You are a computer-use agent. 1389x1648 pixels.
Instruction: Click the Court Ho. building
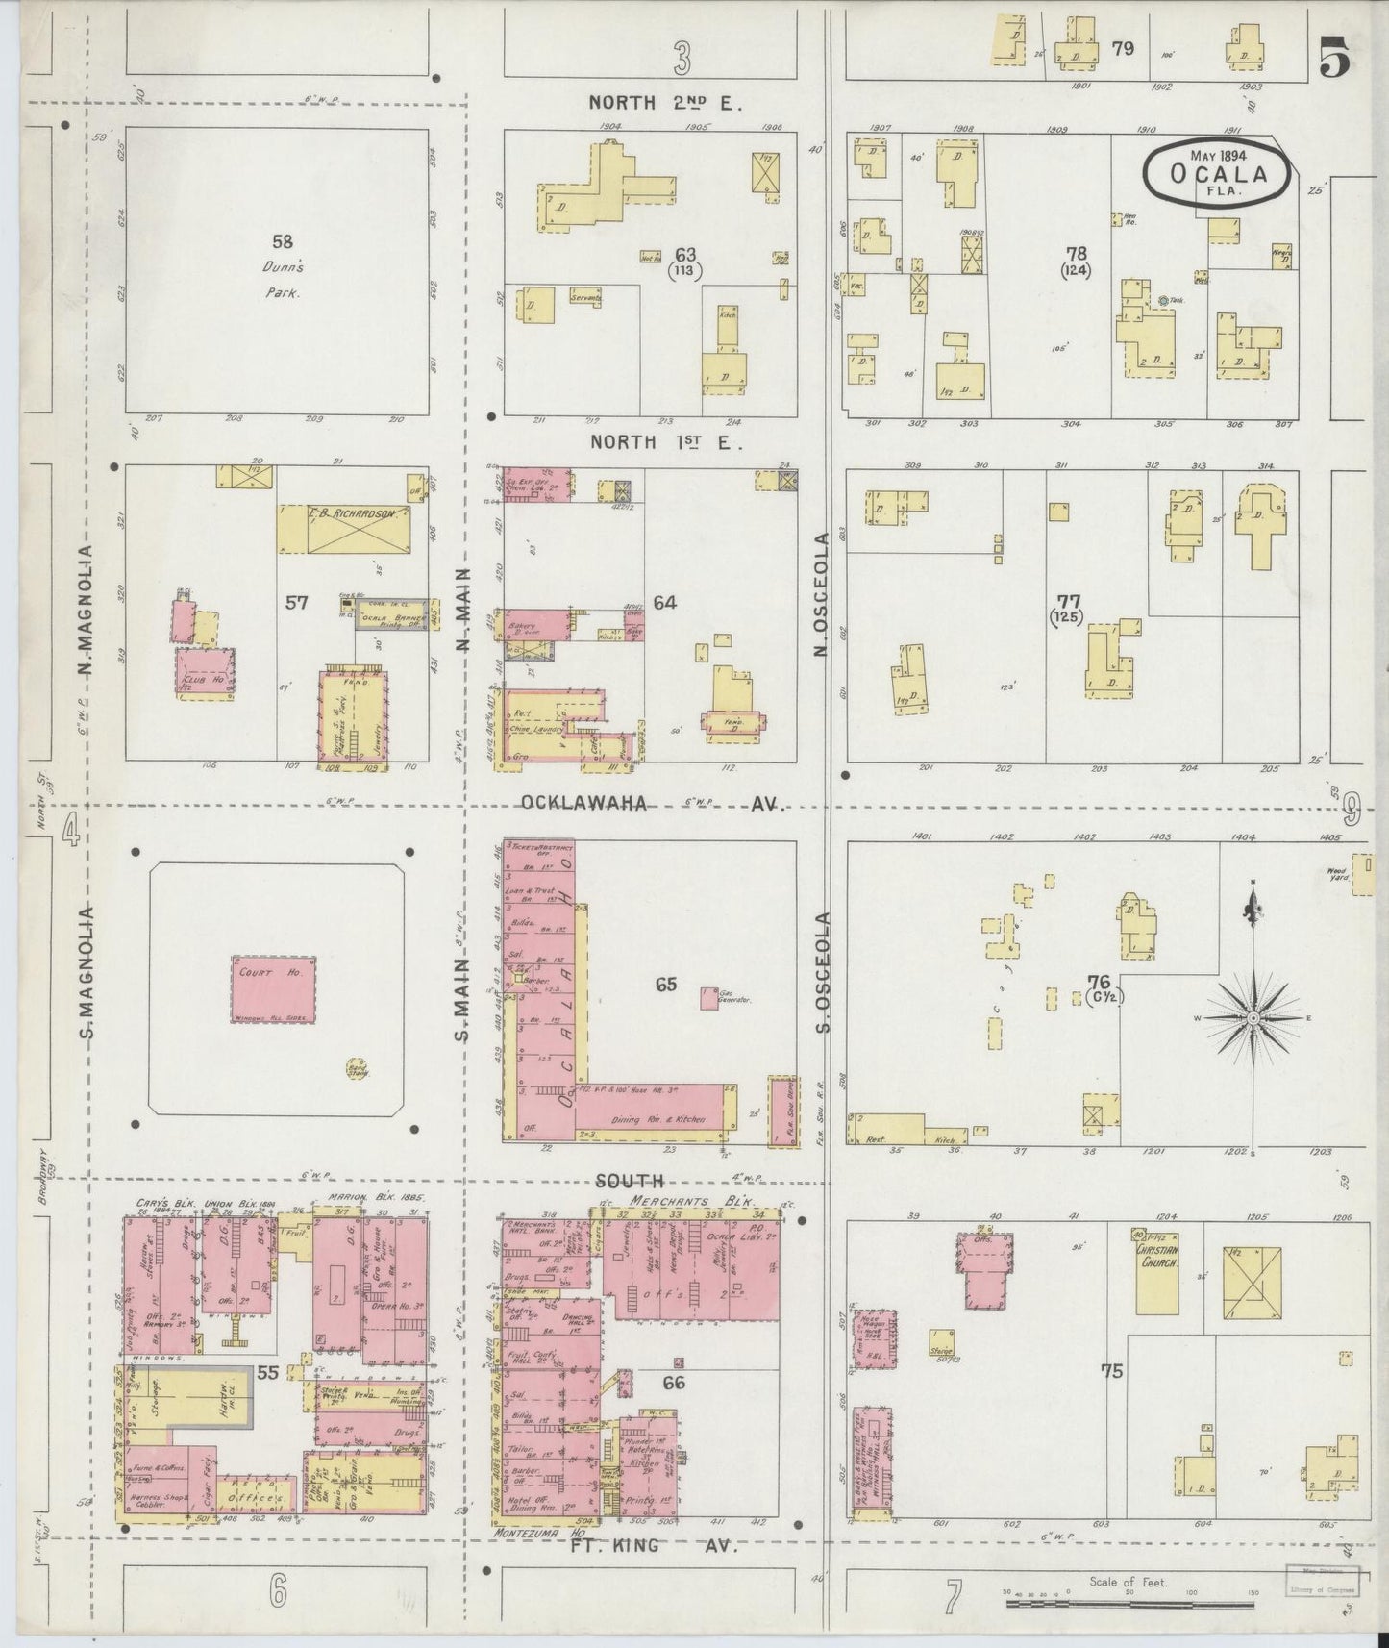point(273,989)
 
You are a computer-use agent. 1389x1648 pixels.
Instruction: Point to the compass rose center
point(1253,1017)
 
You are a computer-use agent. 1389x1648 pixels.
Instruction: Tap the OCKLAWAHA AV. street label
point(653,803)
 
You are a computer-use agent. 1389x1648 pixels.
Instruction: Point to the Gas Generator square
point(709,999)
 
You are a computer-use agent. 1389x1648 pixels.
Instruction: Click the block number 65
point(666,984)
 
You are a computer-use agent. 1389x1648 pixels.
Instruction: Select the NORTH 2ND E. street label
point(666,103)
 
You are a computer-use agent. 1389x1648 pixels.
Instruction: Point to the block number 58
point(282,242)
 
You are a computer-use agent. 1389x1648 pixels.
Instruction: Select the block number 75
point(1112,1371)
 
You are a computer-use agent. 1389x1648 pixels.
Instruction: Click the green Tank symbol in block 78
point(1163,301)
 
